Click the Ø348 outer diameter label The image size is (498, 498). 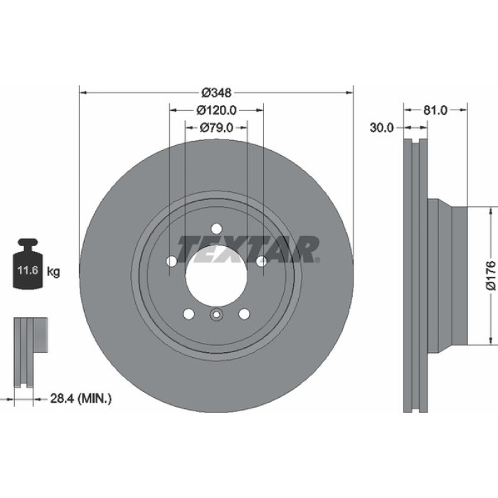[216, 92]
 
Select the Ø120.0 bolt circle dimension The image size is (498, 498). [216, 110]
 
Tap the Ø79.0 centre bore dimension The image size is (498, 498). [216, 127]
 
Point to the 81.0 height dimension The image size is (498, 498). [435, 110]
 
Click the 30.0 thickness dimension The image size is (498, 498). [381, 127]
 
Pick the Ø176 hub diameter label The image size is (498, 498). [491, 275]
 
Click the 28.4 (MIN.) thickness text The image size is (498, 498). [81, 398]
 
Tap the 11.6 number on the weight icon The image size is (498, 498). [28, 270]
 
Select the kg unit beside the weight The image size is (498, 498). [53, 272]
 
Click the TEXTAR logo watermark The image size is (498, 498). [248, 249]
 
